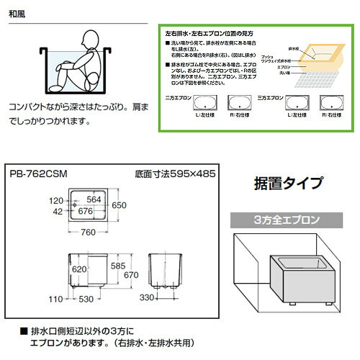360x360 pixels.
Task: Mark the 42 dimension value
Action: click(x=58, y=212)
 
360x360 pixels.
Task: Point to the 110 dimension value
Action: click(x=55, y=298)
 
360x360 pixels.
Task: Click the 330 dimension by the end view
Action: click(x=145, y=298)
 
